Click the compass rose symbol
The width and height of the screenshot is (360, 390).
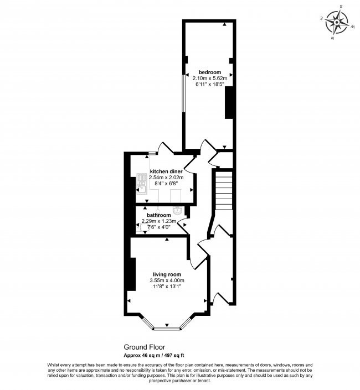[337, 22]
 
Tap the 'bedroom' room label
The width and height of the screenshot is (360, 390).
[209, 72]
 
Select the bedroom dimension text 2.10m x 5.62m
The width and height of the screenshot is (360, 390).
[209, 78]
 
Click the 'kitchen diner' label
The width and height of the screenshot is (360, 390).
[166, 171]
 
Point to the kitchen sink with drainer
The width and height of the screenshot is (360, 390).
[142, 184]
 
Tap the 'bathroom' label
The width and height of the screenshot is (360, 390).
[159, 215]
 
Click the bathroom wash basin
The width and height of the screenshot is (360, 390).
[178, 211]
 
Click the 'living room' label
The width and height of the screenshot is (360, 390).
[167, 274]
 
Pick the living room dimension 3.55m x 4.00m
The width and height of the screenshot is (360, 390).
[167, 280]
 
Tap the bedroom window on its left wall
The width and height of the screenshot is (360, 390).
[183, 93]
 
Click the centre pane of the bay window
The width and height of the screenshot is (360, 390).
[167, 329]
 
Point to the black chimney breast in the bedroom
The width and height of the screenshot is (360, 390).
[229, 102]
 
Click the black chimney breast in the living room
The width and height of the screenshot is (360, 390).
[132, 274]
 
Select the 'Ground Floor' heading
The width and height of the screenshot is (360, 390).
[145, 347]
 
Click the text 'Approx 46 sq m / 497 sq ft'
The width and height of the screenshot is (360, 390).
[154, 356]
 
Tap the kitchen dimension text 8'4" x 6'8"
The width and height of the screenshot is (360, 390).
[166, 184]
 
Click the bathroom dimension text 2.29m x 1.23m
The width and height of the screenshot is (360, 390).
[159, 221]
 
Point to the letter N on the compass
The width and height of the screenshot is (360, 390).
[332, 38]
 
